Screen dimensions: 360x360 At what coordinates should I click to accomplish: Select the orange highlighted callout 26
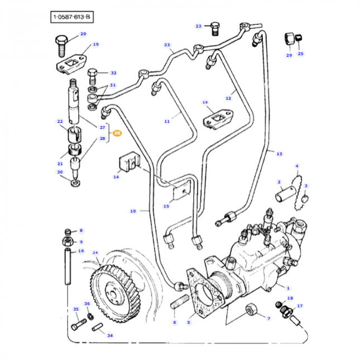(x=117, y=133)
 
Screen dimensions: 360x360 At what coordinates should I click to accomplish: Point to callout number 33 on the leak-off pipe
(x=166, y=45)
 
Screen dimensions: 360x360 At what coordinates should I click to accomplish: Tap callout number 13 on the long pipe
(x=279, y=153)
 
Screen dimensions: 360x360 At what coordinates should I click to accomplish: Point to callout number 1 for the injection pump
(x=288, y=287)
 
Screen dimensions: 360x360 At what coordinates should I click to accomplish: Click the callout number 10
(x=133, y=211)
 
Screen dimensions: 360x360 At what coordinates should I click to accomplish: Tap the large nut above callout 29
(x=290, y=39)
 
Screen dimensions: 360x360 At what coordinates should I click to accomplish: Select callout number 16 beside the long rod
(x=81, y=251)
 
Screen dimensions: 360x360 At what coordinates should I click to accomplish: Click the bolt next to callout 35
(x=80, y=323)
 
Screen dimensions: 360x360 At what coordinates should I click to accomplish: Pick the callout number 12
(x=228, y=98)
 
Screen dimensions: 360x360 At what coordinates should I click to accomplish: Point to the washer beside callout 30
(x=74, y=181)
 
